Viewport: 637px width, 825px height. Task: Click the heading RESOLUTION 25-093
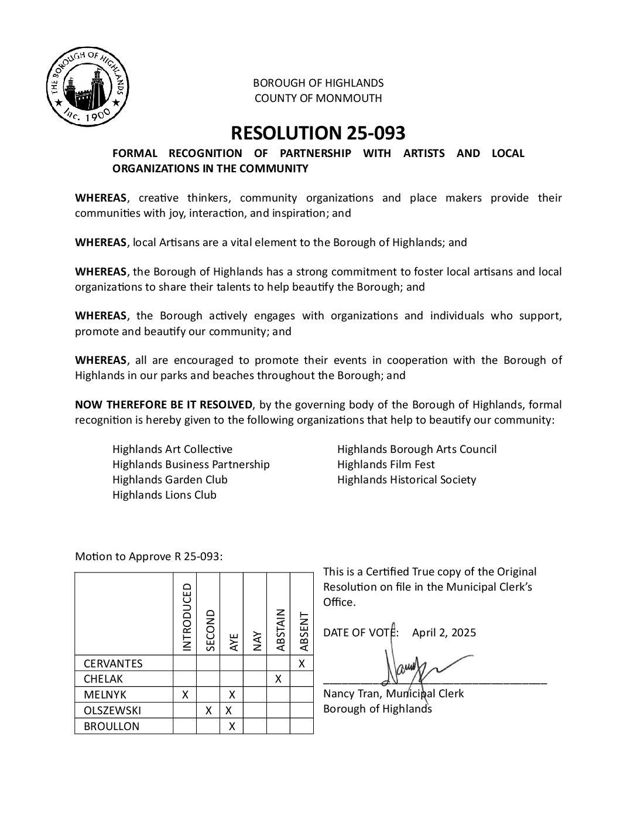318,133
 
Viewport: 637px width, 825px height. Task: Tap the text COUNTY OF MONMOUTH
318,98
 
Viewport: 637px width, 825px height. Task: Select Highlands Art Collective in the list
172,449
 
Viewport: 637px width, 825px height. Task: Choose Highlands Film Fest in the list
386,465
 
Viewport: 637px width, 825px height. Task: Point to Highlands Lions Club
165,495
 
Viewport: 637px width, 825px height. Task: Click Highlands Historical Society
406,480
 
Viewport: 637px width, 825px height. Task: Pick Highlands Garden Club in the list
170,480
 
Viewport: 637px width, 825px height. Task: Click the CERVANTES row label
113,664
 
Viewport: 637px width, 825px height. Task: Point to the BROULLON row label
111,727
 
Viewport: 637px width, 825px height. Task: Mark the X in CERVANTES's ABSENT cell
302,664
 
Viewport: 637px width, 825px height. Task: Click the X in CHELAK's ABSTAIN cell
279,679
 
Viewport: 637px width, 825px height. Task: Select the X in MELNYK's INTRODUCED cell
185,695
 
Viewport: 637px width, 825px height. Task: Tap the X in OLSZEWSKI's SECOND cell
208,711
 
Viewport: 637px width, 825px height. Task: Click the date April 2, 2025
444,633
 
